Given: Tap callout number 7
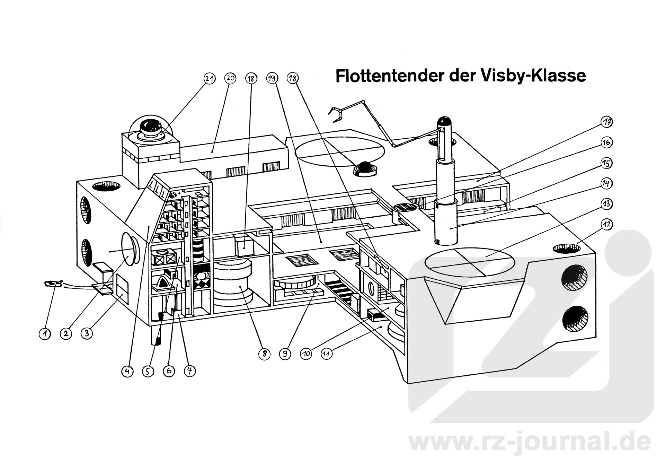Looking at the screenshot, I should click(189, 371).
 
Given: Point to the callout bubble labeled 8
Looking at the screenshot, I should click(264, 354).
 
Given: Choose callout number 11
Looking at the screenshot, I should click(327, 354).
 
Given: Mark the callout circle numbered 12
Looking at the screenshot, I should click(606, 224).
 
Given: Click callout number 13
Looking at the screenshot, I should click(606, 204).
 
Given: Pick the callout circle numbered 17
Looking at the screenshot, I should click(606, 122).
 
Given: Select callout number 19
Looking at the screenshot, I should click(272, 79).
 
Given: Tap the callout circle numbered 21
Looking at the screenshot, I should click(209, 79).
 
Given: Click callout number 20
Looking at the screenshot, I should click(230, 79).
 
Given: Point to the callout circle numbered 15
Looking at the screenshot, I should click(606, 163).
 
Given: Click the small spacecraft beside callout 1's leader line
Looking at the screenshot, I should click(53, 284).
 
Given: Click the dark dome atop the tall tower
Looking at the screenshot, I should click(444, 122).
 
